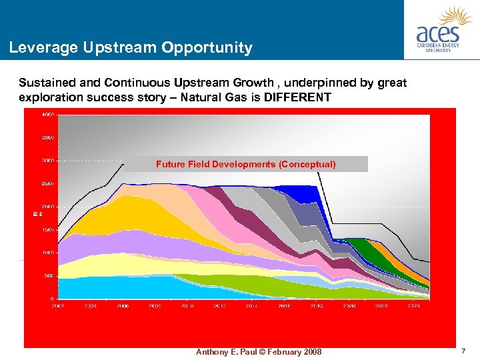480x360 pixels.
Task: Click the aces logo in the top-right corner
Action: tap(442, 29)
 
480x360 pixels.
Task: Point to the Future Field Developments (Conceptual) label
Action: tap(246, 164)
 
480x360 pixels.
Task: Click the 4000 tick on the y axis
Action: tap(48, 115)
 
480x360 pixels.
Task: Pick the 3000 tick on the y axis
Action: tap(48, 161)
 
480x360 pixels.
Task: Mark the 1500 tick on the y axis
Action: tap(48, 229)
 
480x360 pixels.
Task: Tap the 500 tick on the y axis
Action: tap(49, 275)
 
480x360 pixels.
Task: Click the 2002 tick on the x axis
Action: tap(59, 305)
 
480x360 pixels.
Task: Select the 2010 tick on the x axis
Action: tap(188, 305)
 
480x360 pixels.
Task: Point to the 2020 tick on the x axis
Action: tap(349, 305)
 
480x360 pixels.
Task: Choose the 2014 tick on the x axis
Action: tap(252, 305)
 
